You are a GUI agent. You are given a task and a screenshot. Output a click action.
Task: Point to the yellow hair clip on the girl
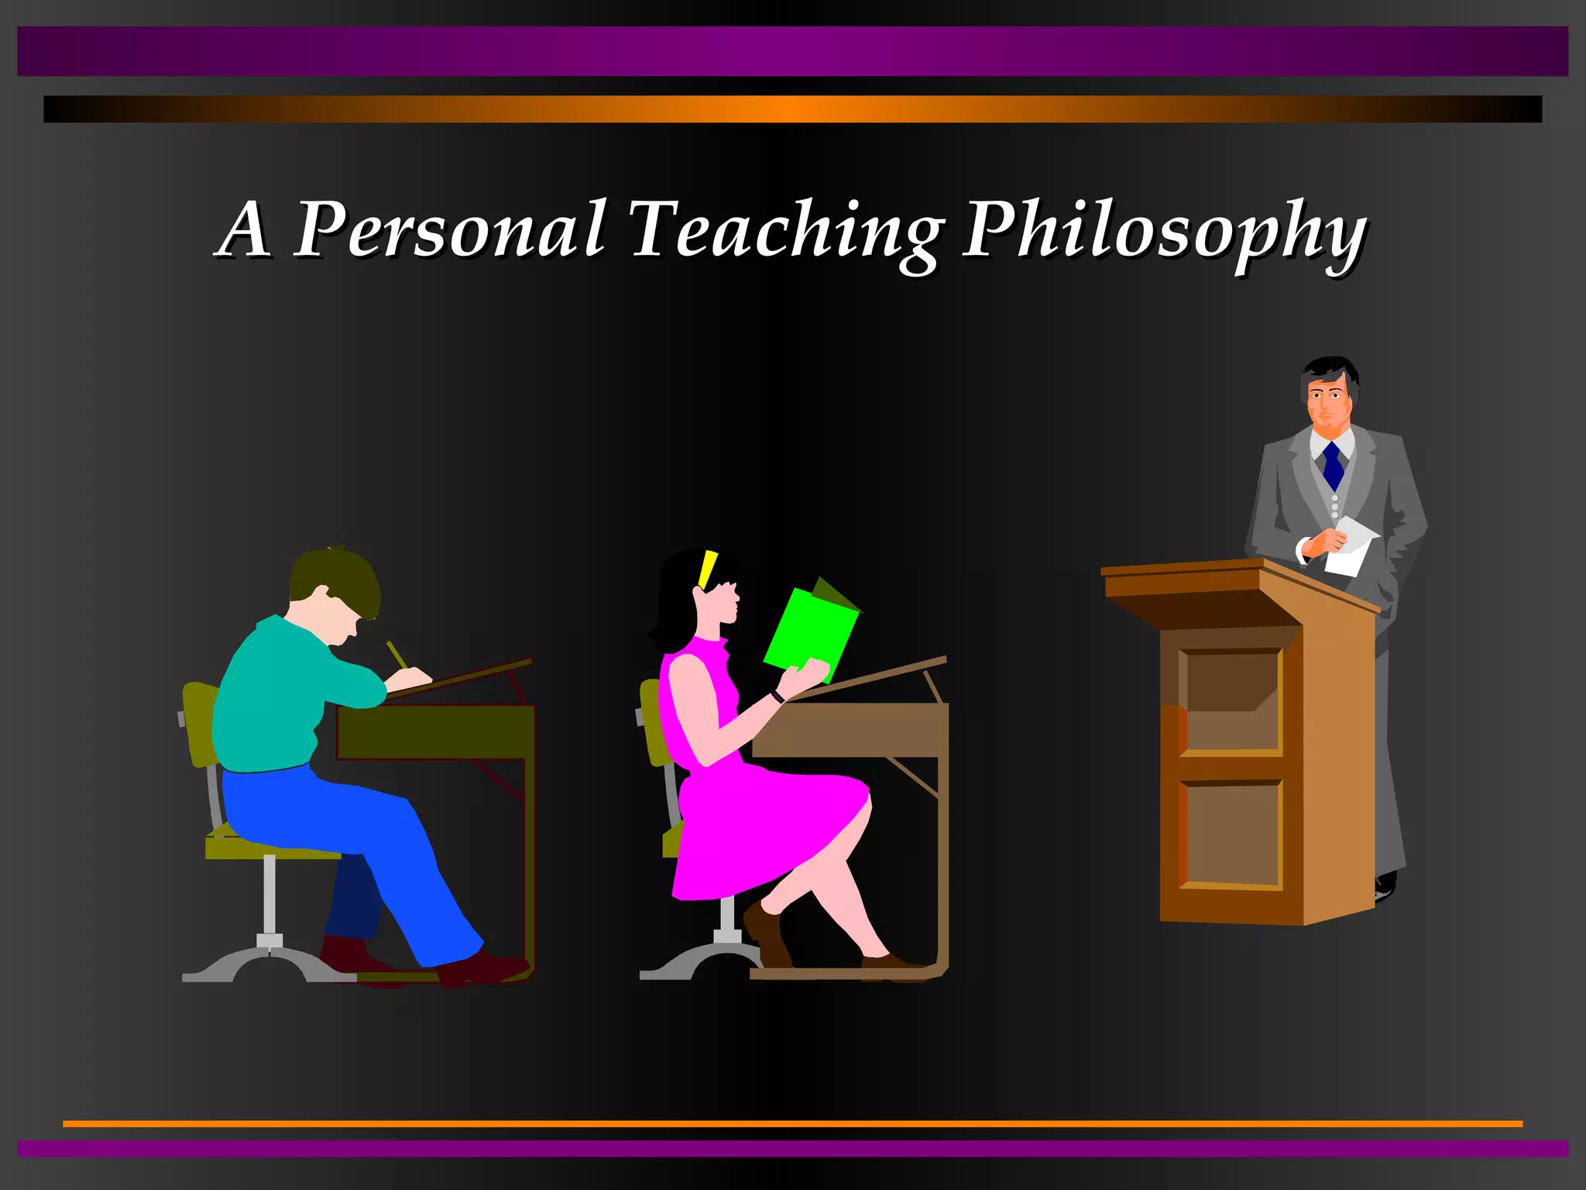point(707,570)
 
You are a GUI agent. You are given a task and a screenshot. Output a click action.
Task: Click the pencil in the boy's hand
point(396,654)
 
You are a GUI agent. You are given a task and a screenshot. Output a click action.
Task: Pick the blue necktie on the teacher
point(1333,465)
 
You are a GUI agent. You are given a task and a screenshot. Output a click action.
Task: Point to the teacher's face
point(1329,403)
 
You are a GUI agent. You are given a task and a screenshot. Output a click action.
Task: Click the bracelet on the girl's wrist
point(777,696)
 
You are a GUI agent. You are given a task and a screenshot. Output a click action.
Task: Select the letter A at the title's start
point(245,230)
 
